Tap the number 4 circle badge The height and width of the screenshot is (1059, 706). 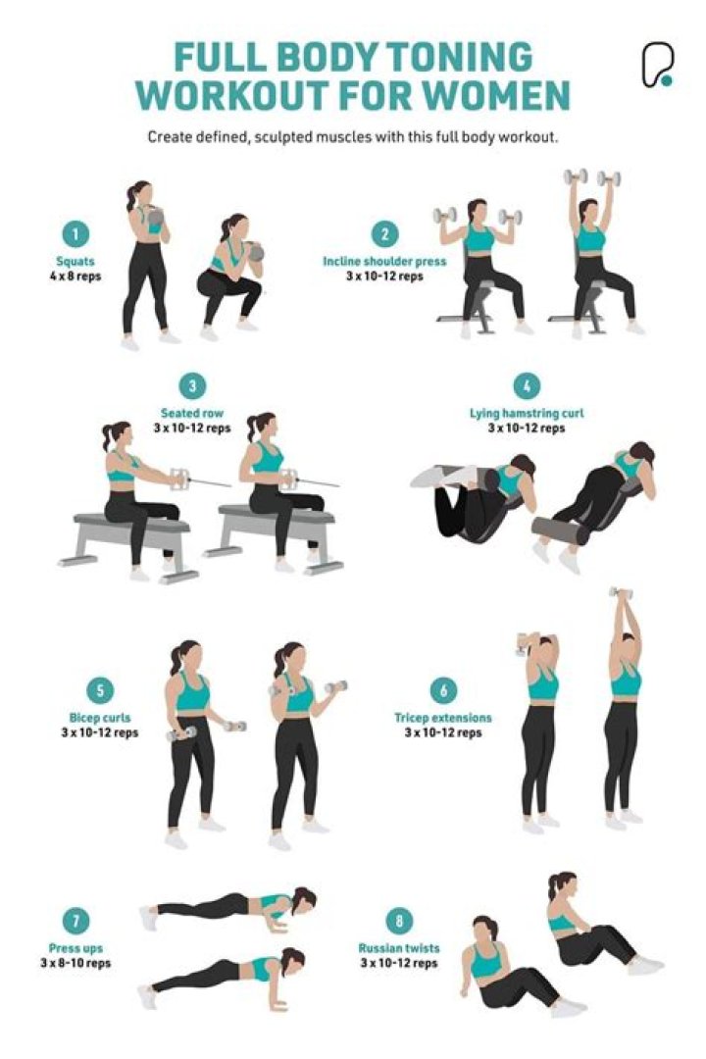[x=527, y=386]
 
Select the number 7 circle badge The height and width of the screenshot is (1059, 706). [x=76, y=921]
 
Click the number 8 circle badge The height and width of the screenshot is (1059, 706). [x=398, y=921]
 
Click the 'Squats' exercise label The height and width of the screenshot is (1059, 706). [x=76, y=261]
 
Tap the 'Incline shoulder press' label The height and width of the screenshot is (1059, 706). [x=384, y=262]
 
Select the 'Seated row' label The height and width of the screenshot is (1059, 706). [x=192, y=413]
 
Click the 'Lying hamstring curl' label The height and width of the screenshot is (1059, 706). [x=527, y=413]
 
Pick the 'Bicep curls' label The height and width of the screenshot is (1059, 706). [x=100, y=718]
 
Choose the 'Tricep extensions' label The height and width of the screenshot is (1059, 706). [x=442, y=718]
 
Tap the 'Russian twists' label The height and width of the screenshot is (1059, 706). [x=398, y=948]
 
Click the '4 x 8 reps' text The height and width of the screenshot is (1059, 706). [x=76, y=276]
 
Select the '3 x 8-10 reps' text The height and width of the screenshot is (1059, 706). [x=76, y=963]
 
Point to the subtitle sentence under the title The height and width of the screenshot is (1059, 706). [x=353, y=136]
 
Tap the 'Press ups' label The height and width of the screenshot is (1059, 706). [x=76, y=948]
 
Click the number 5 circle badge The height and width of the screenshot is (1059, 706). [x=100, y=690]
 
